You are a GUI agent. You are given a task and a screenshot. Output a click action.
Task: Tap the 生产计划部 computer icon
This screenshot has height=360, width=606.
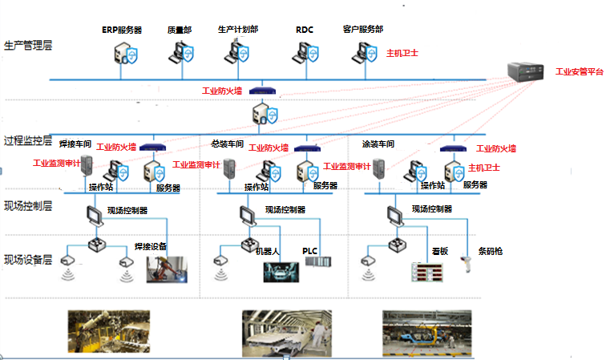coord(237,53)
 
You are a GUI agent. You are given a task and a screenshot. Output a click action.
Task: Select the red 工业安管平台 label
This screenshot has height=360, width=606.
coord(580,72)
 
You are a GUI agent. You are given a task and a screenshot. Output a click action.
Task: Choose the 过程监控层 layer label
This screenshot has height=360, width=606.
coord(28,142)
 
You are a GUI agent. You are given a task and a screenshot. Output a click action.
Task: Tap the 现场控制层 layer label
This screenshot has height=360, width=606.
coord(28,206)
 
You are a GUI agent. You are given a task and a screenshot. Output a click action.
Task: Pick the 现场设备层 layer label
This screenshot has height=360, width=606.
coord(28,259)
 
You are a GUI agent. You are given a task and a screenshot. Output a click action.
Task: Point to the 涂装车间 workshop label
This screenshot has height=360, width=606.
coord(378,144)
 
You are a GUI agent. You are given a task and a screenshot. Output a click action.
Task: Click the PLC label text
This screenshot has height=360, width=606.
coord(310,251)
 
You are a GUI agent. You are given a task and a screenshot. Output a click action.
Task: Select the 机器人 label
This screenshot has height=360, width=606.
coord(267,251)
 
